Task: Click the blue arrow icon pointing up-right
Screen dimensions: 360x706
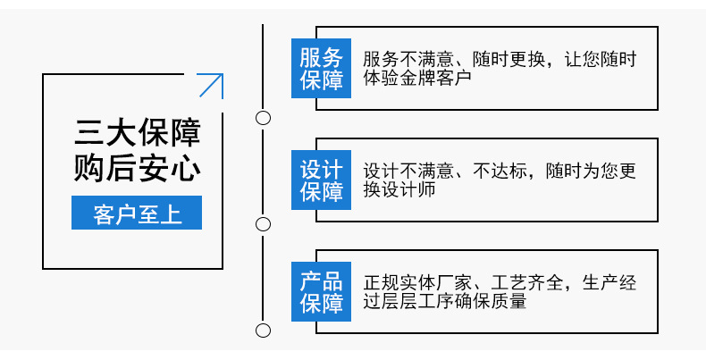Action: (x=210, y=86)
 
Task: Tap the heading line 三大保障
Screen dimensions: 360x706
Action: (x=137, y=133)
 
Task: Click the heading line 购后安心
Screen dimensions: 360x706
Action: (x=137, y=168)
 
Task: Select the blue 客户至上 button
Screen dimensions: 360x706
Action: (x=137, y=214)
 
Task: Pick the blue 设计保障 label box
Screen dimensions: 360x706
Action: (x=321, y=180)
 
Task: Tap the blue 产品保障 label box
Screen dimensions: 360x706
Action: (x=321, y=291)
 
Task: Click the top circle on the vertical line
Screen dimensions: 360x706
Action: (x=263, y=117)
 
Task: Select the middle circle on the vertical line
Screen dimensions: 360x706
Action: (x=263, y=223)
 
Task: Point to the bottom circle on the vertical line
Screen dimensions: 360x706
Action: (x=263, y=331)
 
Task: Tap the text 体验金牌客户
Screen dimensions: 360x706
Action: (x=416, y=79)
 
